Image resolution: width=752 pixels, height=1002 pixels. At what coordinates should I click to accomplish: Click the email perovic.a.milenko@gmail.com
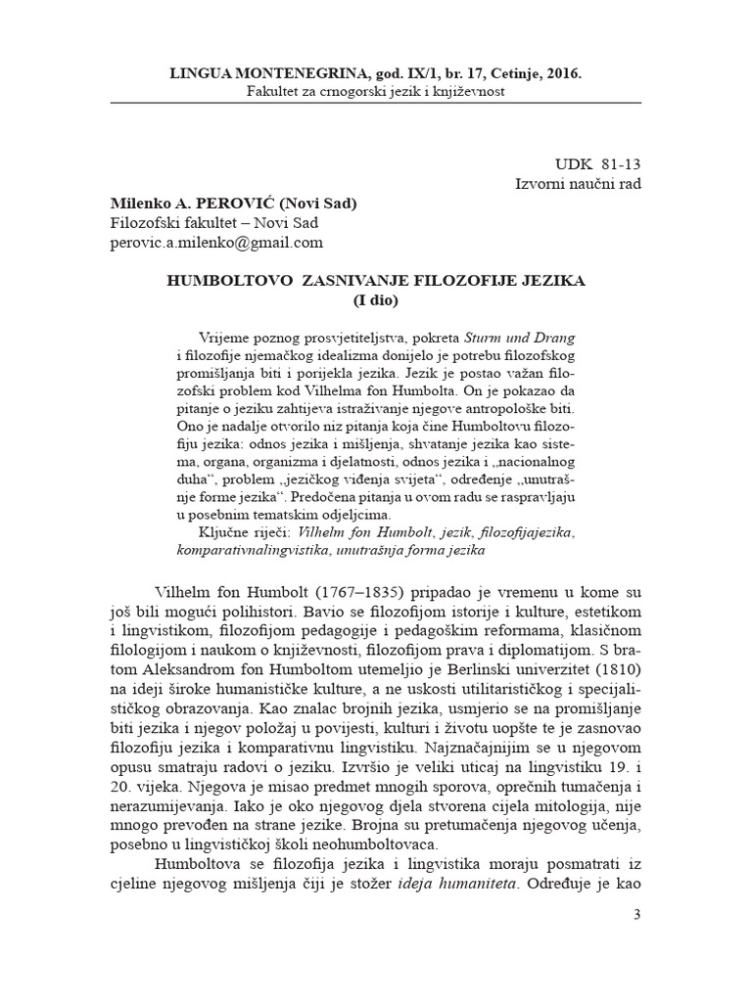click(x=215, y=243)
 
